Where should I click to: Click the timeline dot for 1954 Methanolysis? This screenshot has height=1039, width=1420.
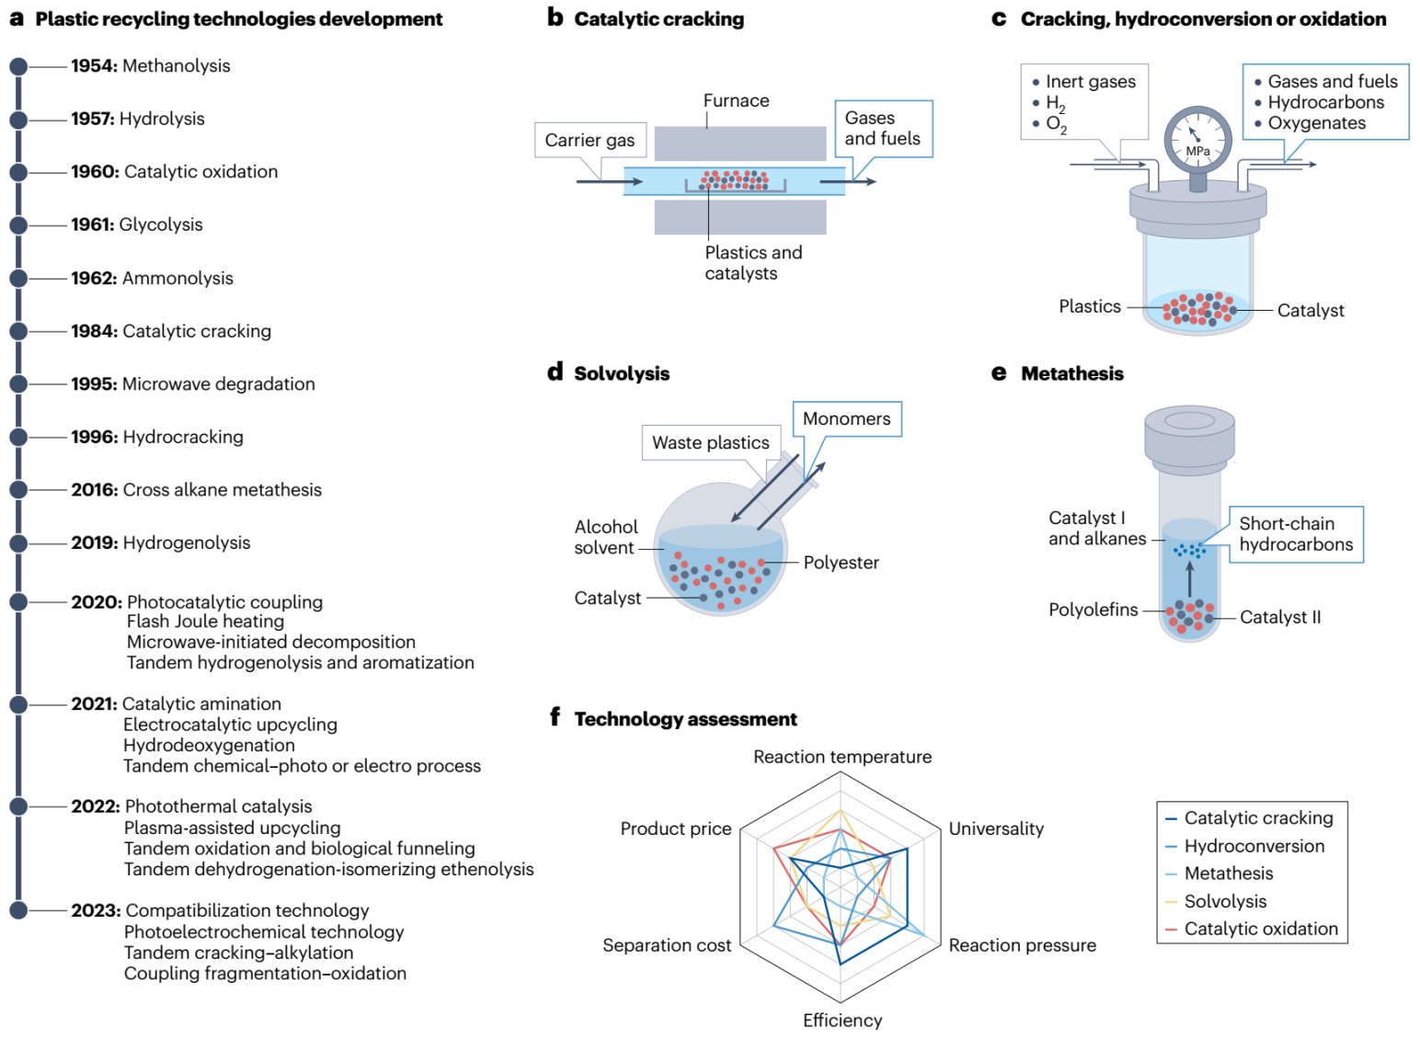(17, 66)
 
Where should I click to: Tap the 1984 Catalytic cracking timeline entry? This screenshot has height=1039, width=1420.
(171, 331)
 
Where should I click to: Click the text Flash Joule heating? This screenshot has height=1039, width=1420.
(205, 622)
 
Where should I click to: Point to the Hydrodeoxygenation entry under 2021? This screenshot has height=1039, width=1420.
(209, 745)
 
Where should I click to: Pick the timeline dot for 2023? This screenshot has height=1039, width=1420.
(17, 910)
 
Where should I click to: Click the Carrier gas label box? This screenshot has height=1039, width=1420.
(590, 140)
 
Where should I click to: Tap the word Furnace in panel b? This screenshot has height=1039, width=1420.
(736, 100)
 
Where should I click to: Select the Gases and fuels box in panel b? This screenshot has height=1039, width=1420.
(882, 129)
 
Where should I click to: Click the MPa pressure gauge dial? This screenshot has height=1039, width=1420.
(1197, 140)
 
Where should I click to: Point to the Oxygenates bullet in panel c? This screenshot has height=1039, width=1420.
(1316, 123)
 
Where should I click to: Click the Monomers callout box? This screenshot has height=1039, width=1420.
(846, 419)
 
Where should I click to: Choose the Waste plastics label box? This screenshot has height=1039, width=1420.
(710, 442)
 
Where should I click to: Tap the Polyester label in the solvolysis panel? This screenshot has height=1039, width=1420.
(841, 563)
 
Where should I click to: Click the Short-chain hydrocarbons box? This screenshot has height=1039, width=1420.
(1296, 534)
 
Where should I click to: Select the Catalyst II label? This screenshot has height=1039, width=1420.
(1279, 617)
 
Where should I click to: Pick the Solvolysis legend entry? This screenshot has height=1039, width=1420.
(1225, 901)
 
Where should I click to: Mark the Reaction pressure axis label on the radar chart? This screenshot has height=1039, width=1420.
(1022, 945)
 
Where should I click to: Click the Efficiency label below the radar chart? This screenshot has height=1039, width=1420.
(842, 1020)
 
